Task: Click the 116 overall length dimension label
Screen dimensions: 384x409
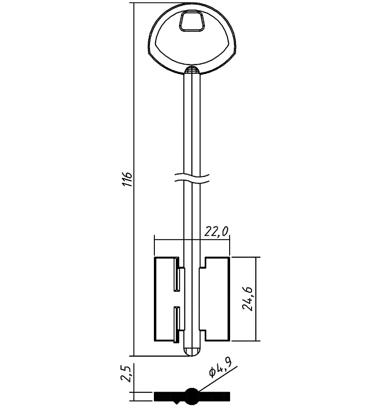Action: click(x=128, y=179)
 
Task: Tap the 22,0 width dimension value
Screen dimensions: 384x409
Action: click(x=216, y=231)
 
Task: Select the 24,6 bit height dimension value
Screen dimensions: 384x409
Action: click(x=247, y=299)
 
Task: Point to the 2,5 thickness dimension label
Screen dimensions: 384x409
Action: click(x=126, y=374)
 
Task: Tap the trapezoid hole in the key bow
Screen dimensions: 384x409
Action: click(x=192, y=21)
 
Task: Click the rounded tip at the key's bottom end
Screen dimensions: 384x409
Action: click(x=192, y=352)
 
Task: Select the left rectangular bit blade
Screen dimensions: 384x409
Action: click(x=167, y=299)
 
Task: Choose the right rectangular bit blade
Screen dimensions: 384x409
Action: click(x=215, y=299)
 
